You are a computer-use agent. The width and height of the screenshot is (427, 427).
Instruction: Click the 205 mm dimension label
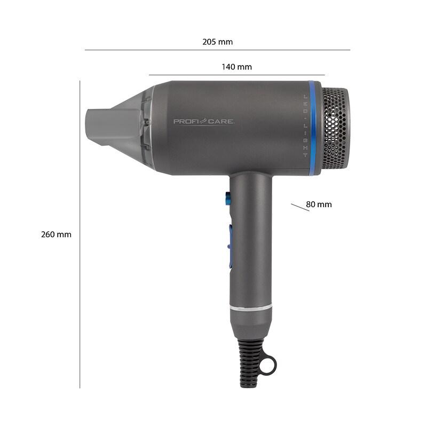(217, 42)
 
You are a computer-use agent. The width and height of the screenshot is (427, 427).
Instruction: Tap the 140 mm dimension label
(236, 67)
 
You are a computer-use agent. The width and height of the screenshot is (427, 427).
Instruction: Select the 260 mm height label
(56, 234)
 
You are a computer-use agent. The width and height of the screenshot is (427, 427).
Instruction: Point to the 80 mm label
(319, 204)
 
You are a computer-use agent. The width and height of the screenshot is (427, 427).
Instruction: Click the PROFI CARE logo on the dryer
(204, 122)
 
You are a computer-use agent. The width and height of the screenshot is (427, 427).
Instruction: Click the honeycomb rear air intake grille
(336, 129)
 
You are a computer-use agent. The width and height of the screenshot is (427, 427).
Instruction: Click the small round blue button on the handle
(228, 199)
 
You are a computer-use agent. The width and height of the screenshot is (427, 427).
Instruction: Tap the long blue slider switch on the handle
(231, 247)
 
